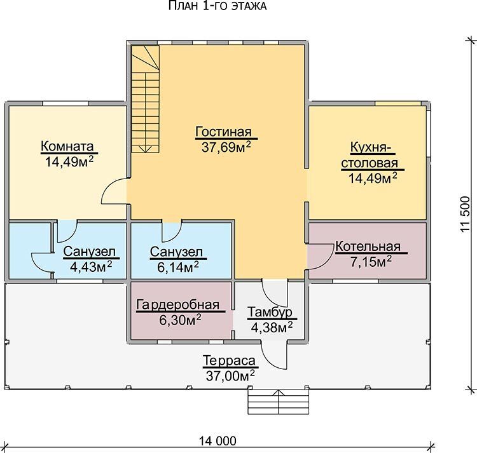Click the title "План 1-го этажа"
click(x=218, y=6)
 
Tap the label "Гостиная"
click(x=224, y=132)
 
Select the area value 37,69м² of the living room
click(x=226, y=147)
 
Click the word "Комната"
click(x=67, y=146)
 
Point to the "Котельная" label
click(x=368, y=247)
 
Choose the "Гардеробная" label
click(x=177, y=305)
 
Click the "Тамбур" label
click(x=270, y=313)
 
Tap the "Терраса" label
click(x=229, y=361)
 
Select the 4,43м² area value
click(x=91, y=266)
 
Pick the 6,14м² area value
click(x=178, y=266)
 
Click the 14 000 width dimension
click(x=218, y=441)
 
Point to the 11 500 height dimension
click(x=466, y=215)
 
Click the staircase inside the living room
click(x=146, y=99)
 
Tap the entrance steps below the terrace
click(x=279, y=402)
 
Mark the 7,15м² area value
click(x=371, y=261)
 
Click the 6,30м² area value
click(x=180, y=320)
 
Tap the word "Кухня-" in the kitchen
click(x=371, y=147)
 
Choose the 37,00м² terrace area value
click(x=230, y=375)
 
